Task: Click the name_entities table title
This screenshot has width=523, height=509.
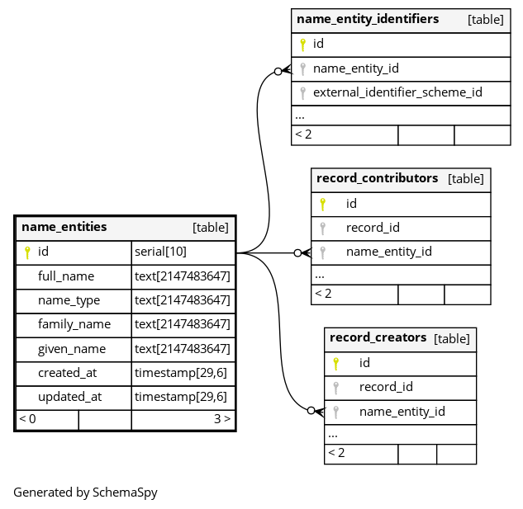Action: [64, 227]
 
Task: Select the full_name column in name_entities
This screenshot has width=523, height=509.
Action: [66, 276]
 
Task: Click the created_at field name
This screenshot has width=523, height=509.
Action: [67, 373]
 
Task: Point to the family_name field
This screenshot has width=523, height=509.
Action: [74, 324]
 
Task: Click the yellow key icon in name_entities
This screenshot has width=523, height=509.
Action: [27, 252]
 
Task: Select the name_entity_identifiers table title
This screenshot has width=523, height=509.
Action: [368, 19]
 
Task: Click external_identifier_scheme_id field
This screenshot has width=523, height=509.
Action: [397, 92]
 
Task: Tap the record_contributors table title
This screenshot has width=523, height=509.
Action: [377, 178]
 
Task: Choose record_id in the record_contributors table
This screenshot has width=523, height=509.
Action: [373, 228]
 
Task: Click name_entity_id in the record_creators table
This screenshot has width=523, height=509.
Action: [402, 411]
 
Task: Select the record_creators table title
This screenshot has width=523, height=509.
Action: [378, 337]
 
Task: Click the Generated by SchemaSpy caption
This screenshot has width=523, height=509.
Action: [85, 493]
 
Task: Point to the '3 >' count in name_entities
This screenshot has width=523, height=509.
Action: [222, 419]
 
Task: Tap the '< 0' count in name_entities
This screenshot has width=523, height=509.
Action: [28, 419]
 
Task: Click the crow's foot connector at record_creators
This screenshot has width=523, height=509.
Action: [316, 410]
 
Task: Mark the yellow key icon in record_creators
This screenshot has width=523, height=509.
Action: [335, 363]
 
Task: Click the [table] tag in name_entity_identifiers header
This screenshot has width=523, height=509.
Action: [486, 19]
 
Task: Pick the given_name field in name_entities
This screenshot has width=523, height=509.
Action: [72, 349]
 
